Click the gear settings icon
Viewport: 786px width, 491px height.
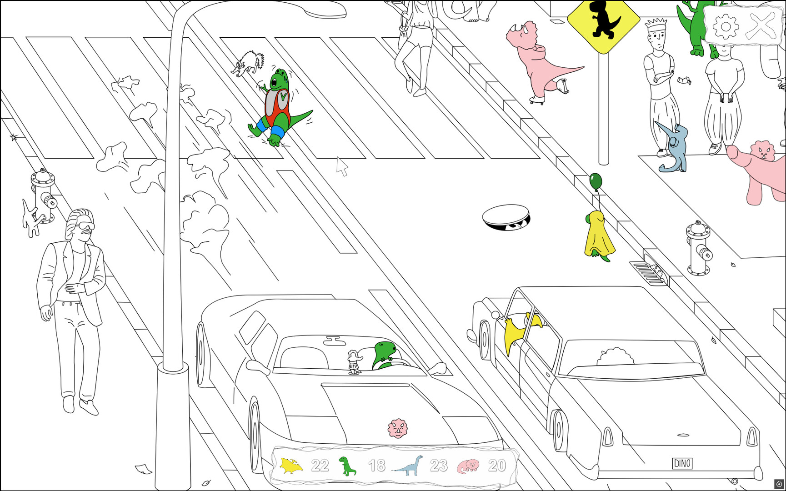(726, 26)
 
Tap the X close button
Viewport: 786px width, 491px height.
(762, 26)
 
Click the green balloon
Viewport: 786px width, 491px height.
(596, 181)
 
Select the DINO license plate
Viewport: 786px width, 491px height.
(682, 463)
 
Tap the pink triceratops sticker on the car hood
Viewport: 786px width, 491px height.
(398, 428)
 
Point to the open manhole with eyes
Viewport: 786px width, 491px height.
(506, 217)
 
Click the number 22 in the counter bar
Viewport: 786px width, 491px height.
(320, 466)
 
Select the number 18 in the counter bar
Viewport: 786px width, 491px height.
(377, 466)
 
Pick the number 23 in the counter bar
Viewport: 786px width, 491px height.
(439, 466)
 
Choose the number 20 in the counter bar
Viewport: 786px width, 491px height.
(497, 466)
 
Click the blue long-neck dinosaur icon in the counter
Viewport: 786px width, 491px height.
(408, 466)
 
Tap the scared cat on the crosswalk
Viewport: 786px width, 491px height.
(248, 63)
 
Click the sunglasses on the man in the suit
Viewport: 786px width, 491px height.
(85, 226)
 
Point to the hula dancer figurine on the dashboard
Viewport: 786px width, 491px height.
(355, 362)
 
